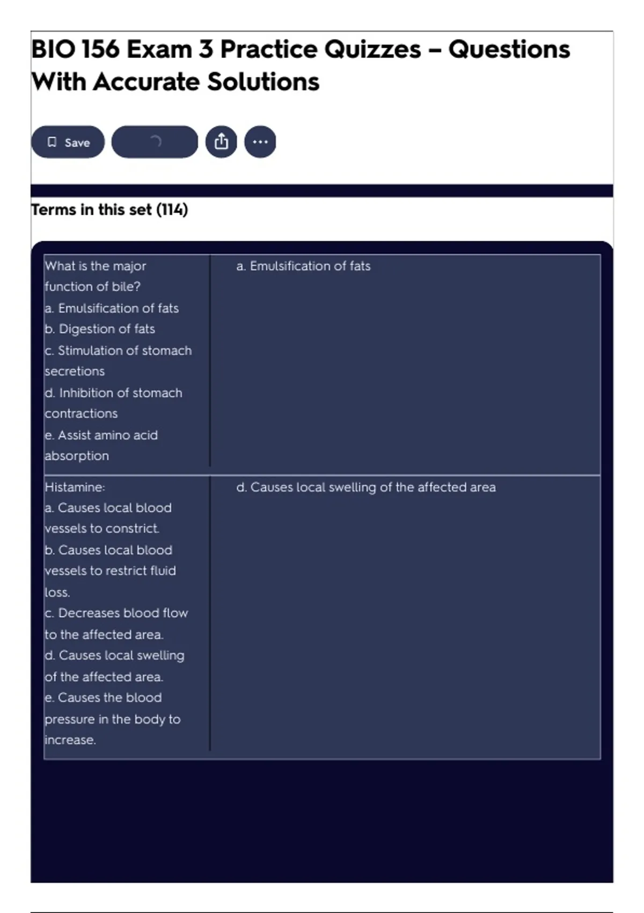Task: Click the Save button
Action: (x=68, y=142)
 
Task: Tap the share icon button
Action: (x=221, y=142)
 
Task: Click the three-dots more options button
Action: (x=260, y=142)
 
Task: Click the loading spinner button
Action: (x=155, y=142)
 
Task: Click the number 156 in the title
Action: (x=100, y=49)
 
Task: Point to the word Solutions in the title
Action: (x=263, y=82)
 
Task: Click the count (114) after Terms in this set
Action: (x=172, y=209)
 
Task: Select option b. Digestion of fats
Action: (x=100, y=329)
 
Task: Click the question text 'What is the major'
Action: (x=96, y=266)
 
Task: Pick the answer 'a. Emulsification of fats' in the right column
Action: (x=303, y=266)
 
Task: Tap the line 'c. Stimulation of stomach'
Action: (x=118, y=350)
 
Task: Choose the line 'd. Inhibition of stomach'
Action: (x=114, y=393)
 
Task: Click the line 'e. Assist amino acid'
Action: (x=101, y=435)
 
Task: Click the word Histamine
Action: (x=75, y=487)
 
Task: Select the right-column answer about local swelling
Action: (x=366, y=487)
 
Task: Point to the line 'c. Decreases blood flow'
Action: (x=116, y=613)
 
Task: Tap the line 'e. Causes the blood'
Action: (x=104, y=698)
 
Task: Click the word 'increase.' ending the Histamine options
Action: (x=70, y=740)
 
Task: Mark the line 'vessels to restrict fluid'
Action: (x=111, y=570)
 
